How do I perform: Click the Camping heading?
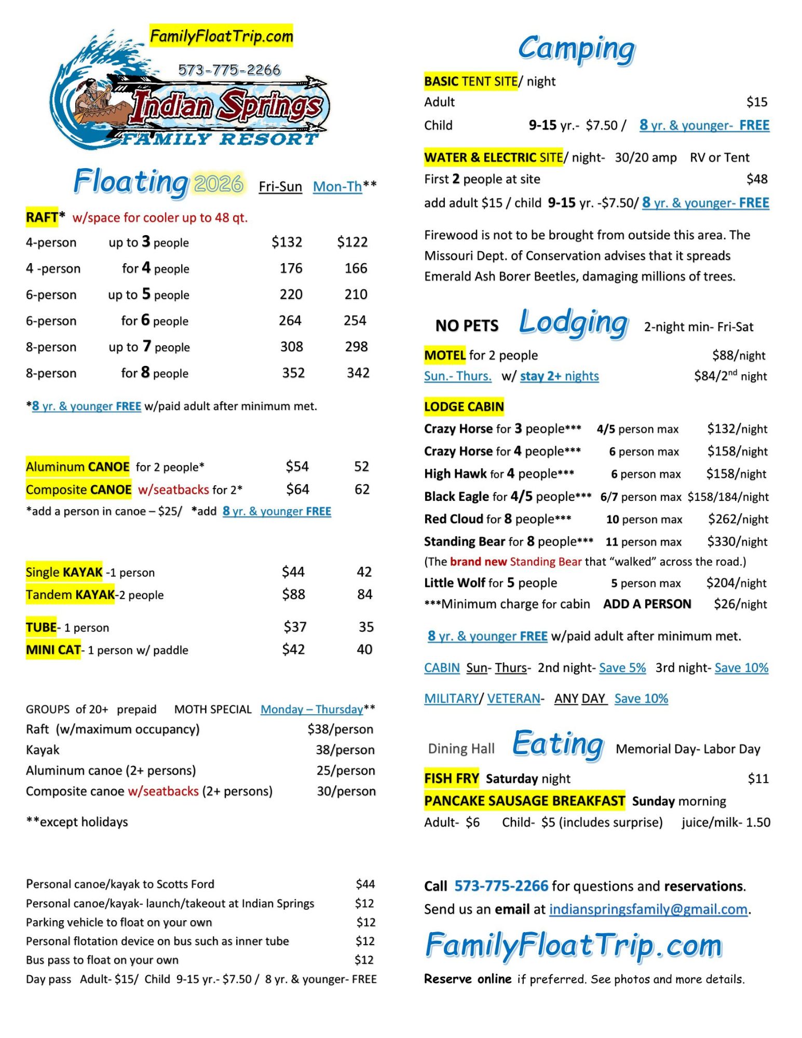[576, 49]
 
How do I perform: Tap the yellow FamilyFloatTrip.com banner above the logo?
[221, 36]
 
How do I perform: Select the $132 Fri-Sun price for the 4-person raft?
[287, 242]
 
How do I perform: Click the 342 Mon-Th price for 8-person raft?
[358, 373]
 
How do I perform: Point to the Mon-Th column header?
[337, 186]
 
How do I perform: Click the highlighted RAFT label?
[42, 217]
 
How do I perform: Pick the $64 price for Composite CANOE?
[297, 489]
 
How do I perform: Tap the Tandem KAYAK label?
[70, 594]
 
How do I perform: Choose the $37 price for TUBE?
[294, 627]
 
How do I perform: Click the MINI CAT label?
[53, 649]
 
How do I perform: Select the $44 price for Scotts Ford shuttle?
[365, 884]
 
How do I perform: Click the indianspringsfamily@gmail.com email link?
[648, 909]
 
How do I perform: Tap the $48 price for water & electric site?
[756, 179]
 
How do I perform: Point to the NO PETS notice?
[467, 325]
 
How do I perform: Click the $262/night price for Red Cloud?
[738, 519]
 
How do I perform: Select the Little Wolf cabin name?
[455, 583]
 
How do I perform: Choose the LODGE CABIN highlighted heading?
[464, 406]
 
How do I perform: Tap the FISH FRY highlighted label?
[451, 778]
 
